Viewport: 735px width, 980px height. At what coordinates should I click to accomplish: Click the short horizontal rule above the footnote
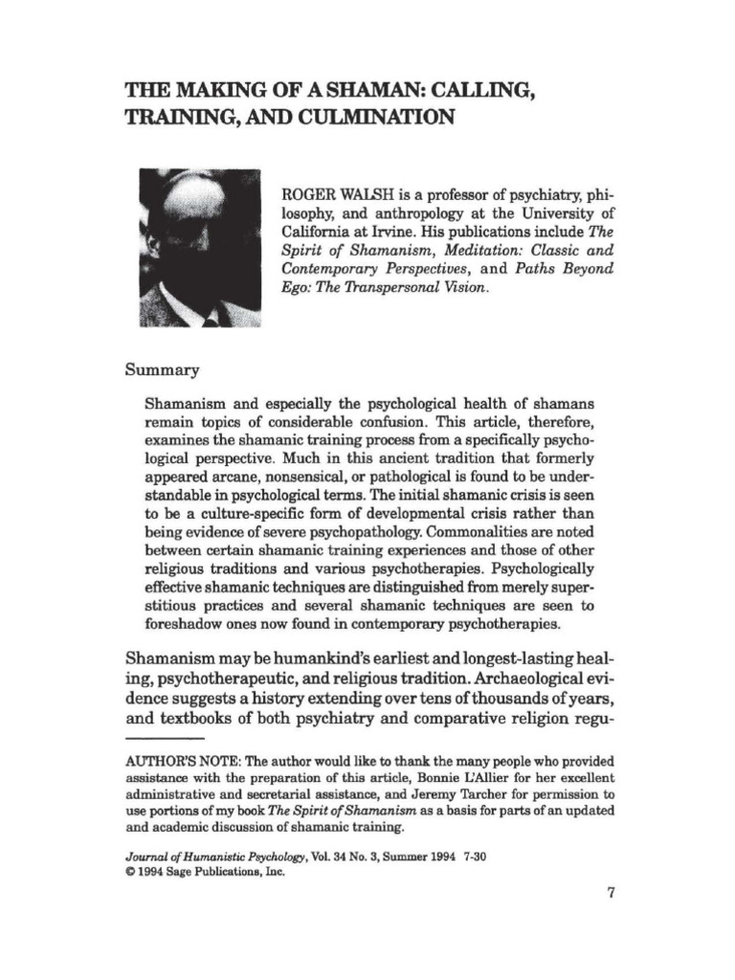(165, 740)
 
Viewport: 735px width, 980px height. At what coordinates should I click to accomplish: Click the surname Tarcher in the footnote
(473, 793)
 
